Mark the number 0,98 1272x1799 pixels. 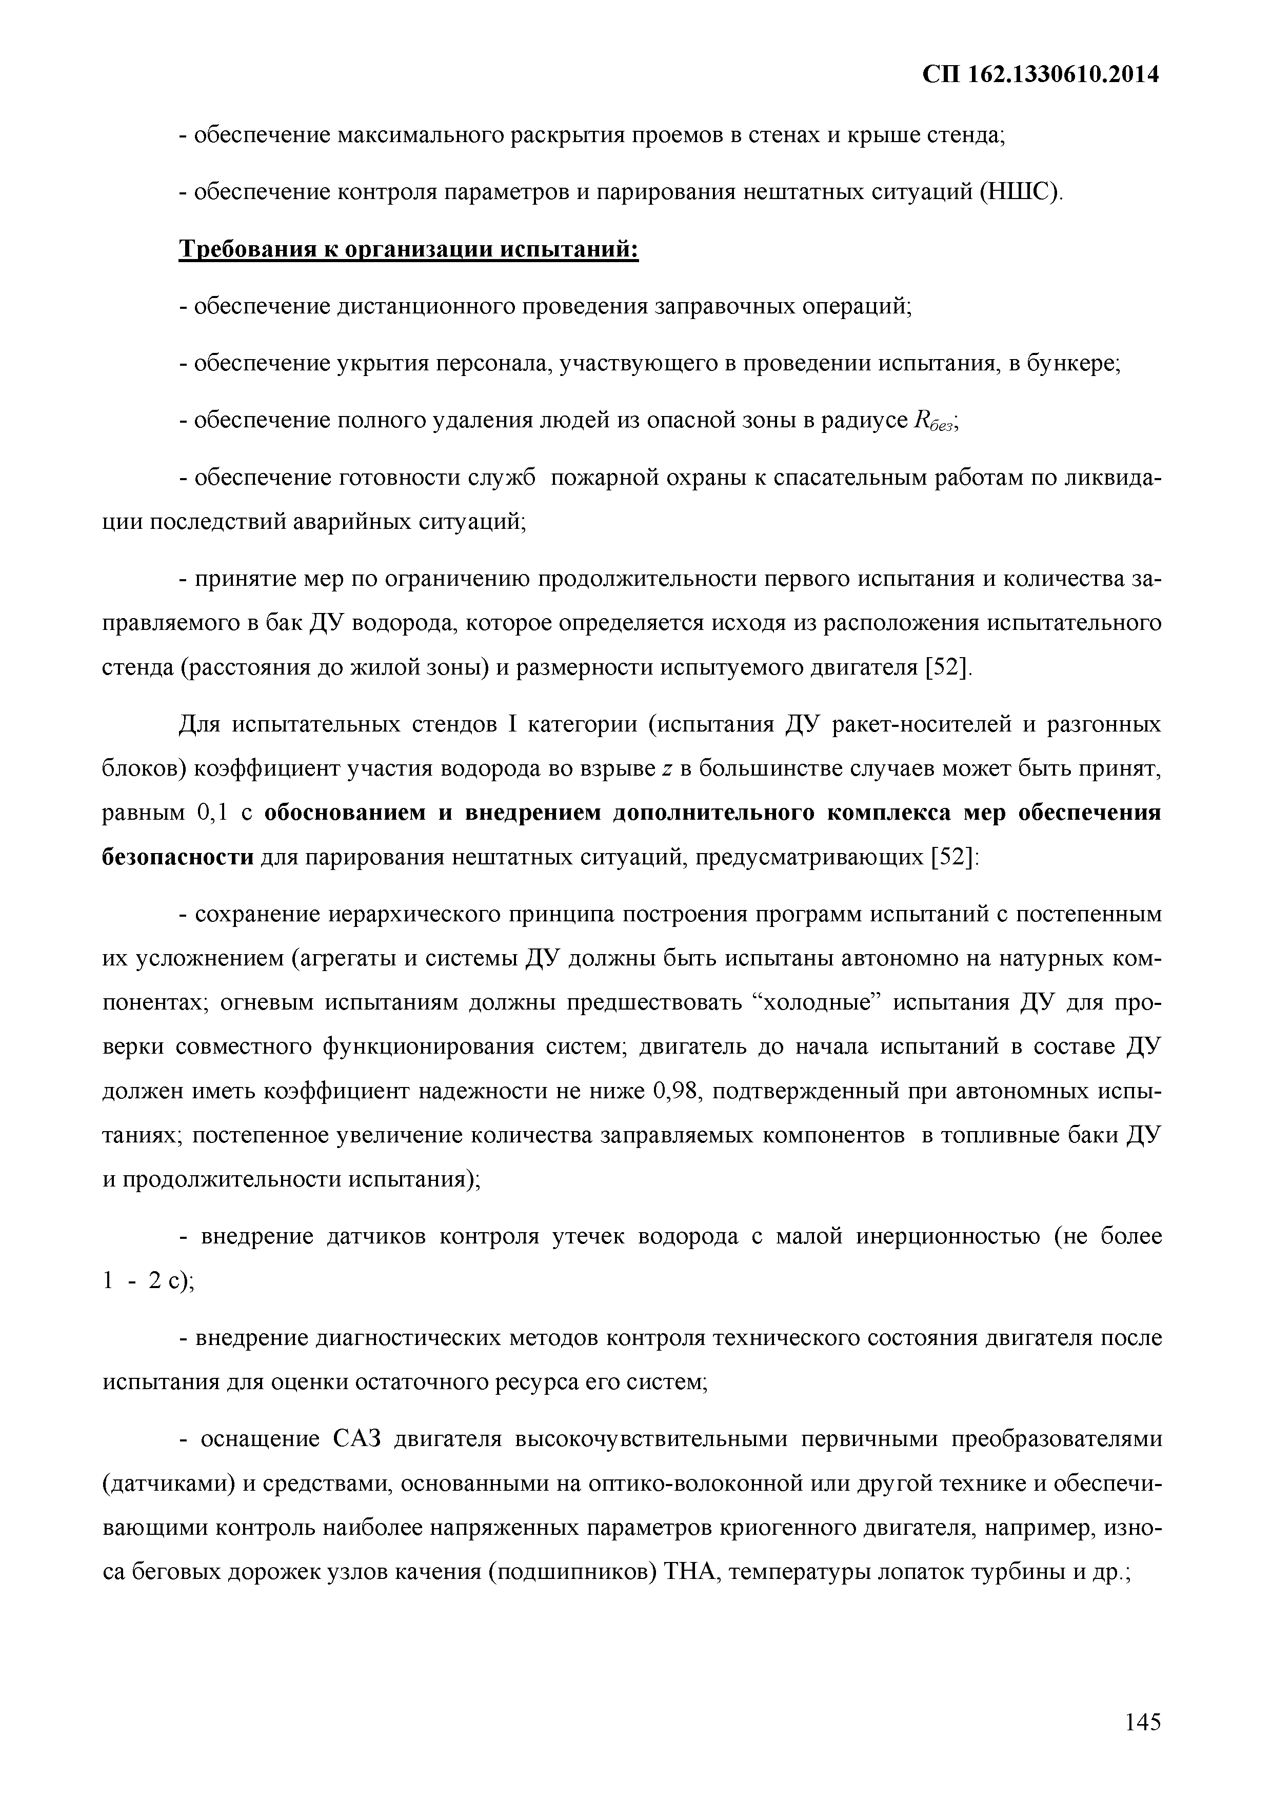[678, 1091]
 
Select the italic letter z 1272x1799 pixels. [667, 769]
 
